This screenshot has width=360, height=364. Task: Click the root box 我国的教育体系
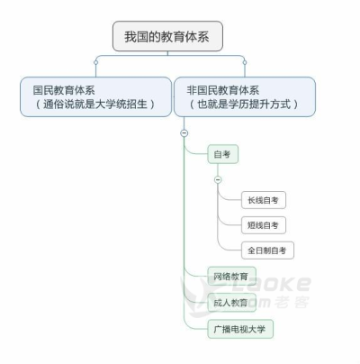click(x=167, y=36)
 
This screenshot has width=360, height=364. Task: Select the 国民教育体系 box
click(x=95, y=96)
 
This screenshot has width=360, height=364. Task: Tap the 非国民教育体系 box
click(x=245, y=96)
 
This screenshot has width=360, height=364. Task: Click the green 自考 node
click(x=223, y=154)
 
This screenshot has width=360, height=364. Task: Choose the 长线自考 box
click(x=264, y=200)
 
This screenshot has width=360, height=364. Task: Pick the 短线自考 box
click(x=264, y=225)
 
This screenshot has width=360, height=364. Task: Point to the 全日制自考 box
click(x=267, y=250)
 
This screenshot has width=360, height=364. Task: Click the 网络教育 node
click(x=231, y=277)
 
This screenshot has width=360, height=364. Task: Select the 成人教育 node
click(x=231, y=303)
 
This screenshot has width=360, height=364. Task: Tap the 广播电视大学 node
click(x=240, y=329)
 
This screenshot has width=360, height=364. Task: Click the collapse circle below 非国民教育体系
click(x=184, y=132)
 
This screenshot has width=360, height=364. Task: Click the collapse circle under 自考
click(x=218, y=179)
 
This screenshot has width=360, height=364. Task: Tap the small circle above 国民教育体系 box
click(x=95, y=62)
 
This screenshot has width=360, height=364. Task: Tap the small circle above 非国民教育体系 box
click(x=245, y=62)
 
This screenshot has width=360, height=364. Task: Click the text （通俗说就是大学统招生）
click(x=95, y=105)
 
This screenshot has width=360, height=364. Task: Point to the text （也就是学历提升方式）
click(x=244, y=105)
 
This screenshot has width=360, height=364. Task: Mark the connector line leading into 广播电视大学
click(x=192, y=326)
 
